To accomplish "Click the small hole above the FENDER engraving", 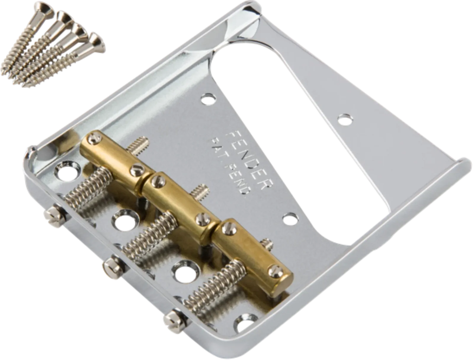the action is point(208,99).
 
